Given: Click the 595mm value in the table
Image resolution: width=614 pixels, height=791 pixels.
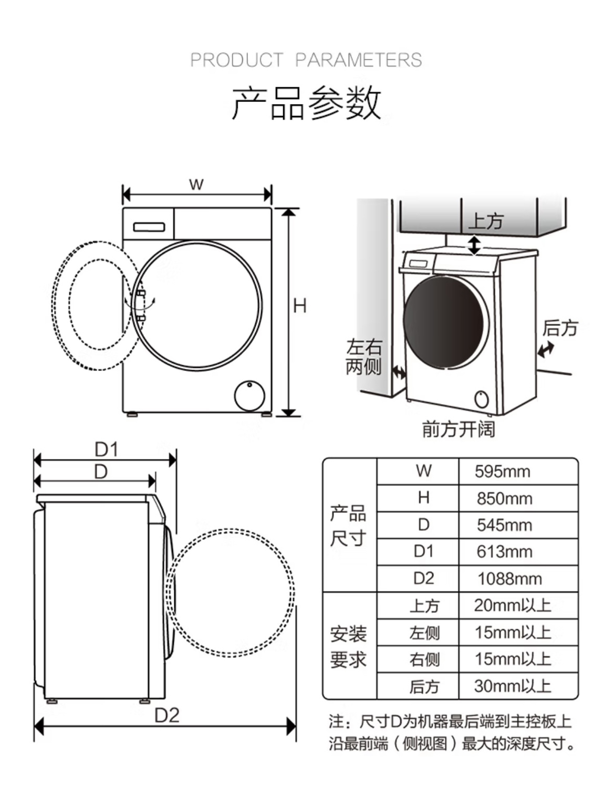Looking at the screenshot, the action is pos(502,472).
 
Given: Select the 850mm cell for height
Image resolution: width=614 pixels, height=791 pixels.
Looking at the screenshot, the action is pos(505,498).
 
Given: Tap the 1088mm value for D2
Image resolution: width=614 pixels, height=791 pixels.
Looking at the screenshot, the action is pos(509,579).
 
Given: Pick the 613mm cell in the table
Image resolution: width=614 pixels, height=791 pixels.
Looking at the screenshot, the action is pos(505,552).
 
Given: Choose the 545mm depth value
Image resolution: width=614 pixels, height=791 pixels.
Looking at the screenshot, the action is pos(505,525).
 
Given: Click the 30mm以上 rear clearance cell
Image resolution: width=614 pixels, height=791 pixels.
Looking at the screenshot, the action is pos(513,686).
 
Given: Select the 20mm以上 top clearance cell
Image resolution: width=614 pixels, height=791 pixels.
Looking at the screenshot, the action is pos(513,605).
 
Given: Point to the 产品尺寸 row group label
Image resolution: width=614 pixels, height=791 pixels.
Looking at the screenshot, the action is pos(348,526).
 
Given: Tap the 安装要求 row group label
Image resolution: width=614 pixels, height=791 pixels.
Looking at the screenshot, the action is pos(348,646).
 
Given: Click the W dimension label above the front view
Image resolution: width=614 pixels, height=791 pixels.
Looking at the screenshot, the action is pos(196,184).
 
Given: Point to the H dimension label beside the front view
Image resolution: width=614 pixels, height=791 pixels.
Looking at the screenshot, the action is pos(300,306).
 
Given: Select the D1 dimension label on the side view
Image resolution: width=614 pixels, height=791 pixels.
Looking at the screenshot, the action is pos(106,449).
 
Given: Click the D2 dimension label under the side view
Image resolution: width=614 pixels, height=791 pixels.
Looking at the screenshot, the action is pos(167,715).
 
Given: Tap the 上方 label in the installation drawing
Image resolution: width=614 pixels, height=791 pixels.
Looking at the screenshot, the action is pos(486,221).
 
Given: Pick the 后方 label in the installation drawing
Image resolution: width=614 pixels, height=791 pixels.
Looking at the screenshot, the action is pos(560,327).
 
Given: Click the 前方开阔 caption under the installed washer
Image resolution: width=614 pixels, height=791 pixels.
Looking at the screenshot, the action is pos(459,429).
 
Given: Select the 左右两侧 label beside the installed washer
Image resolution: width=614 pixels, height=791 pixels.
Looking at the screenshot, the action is pos(364,357).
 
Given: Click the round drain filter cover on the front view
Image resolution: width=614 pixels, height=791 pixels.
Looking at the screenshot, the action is pos(249,396).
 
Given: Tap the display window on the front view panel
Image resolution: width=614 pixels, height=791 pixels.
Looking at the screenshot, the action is pos(149,227).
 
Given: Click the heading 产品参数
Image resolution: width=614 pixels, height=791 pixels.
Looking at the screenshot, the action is pos(306,103).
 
